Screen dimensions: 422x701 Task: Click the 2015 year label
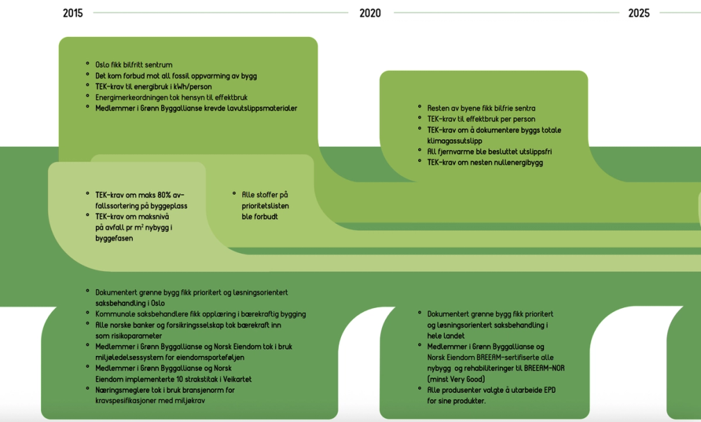(x=72, y=13)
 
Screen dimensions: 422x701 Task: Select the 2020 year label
(x=370, y=13)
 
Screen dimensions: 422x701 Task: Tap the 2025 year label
(x=638, y=13)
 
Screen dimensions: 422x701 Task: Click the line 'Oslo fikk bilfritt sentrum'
(x=133, y=65)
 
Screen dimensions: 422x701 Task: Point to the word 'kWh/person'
(x=191, y=86)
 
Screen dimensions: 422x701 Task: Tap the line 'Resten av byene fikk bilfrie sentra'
(x=481, y=108)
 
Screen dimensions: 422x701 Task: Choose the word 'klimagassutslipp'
(x=454, y=141)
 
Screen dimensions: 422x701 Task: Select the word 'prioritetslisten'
(x=265, y=206)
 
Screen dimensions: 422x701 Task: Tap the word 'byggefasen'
(x=114, y=238)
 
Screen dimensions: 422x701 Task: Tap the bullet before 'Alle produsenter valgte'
(x=420, y=390)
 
